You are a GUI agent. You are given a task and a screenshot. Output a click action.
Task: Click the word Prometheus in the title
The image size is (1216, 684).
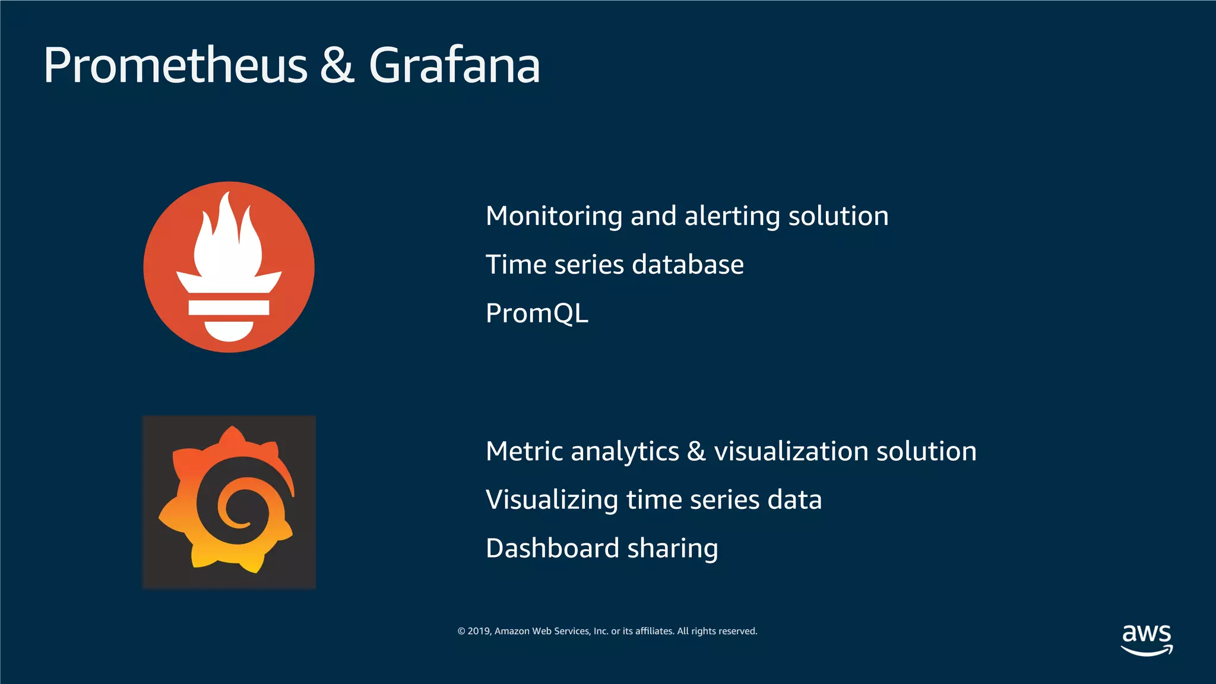(x=176, y=65)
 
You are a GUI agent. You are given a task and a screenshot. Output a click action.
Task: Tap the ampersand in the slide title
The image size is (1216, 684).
(x=337, y=65)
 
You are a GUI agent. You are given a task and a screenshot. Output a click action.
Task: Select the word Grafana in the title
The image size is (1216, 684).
(x=454, y=65)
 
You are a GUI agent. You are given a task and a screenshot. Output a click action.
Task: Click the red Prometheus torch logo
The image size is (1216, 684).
(x=229, y=267)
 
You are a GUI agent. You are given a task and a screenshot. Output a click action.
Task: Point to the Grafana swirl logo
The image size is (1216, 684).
(x=229, y=502)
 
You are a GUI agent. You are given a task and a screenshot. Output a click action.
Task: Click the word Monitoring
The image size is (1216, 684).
(x=553, y=216)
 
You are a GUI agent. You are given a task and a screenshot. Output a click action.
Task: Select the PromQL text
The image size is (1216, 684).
(x=537, y=313)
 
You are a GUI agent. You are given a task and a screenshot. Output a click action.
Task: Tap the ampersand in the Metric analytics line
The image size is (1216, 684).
(x=696, y=451)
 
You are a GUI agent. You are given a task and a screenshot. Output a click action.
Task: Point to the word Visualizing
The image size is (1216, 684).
(x=552, y=500)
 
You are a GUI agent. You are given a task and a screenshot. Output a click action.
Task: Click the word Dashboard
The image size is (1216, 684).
(x=552, y=548)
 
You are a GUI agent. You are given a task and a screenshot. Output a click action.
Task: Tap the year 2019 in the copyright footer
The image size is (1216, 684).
(x=479, y=631)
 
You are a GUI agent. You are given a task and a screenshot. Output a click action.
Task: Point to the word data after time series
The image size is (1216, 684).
(x=794, y=500)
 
